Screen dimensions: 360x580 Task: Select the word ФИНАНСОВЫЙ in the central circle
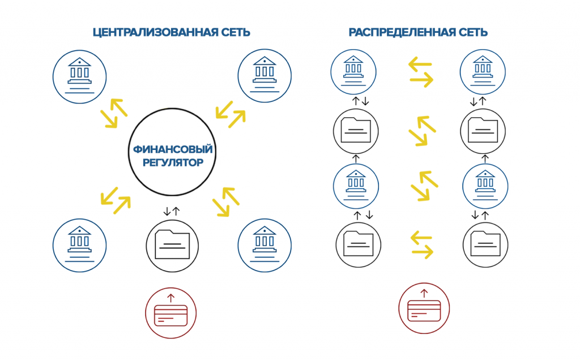[173, 150]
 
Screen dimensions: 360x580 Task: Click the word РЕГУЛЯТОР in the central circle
[173, 163]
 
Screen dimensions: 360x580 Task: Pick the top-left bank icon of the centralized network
[79, 74]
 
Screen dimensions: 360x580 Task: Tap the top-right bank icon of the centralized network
[265, 74]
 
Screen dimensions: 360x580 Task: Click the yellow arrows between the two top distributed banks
[421, 72]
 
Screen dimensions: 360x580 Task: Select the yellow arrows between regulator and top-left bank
[114, 114]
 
